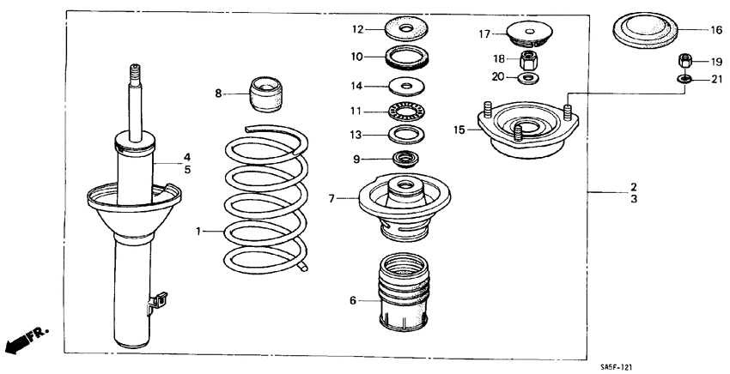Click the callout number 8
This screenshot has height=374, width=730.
pyautogui.click(x=218, y=93)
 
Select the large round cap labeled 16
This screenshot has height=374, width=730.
pyautogui.click(x=646, y=33)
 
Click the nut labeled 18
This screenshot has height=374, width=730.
pyautogui.click(x=528, y=62)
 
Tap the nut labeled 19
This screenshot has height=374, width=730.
pyautogui.click(x=685, y=61)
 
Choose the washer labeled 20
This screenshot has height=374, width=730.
pyautogui.click(x=528, y=79)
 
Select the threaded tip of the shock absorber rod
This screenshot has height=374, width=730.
pyautogui.click(x=134, y=73)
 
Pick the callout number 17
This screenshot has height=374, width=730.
pyautogui.click(x=484, y=34)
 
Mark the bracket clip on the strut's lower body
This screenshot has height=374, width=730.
pyautogui.click(x=156, y=299)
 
